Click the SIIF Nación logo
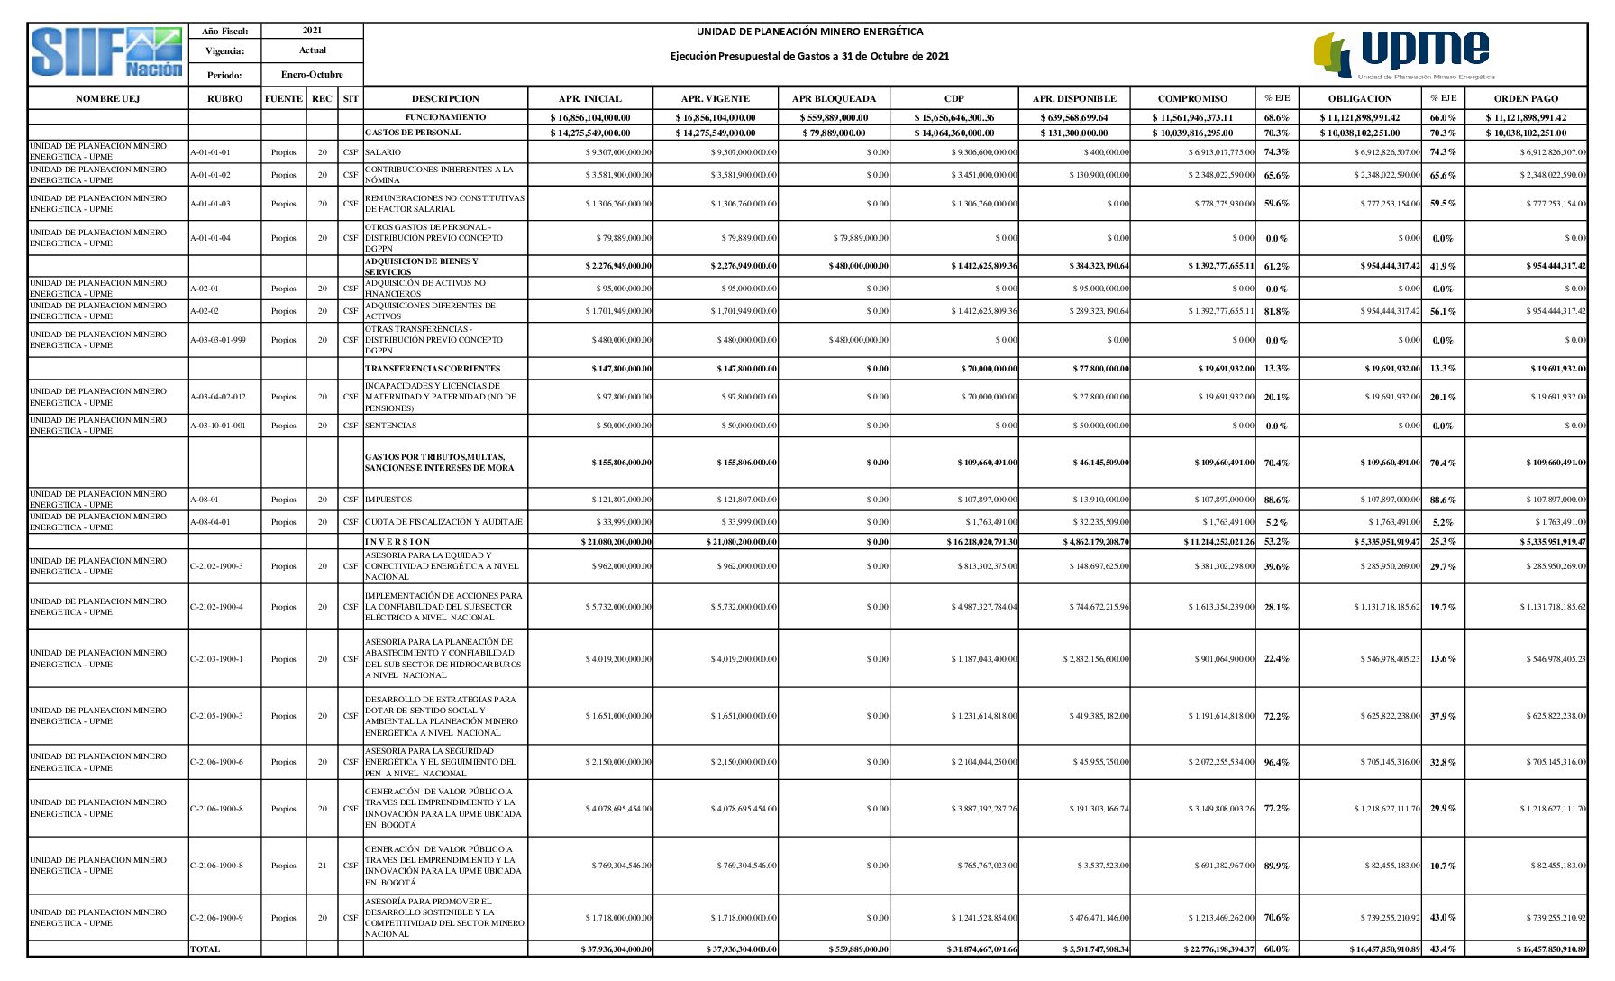[107, 53]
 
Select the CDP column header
[953, 98]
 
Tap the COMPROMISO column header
[1192, 98]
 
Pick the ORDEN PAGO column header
[1525, 98]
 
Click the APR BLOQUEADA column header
[834, 98]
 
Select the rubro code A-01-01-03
[210, 204]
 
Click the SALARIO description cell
[383, 152]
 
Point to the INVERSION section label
[397, 542]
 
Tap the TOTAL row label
[205, 949]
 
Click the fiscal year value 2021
[312, 31]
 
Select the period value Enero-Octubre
[312, 75]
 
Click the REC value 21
[323, 866]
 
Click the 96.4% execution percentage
[1276, 763]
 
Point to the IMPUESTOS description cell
[388, 500]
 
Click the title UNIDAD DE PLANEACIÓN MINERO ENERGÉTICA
[809, 32]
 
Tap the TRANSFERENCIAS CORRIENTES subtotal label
[433, 369]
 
